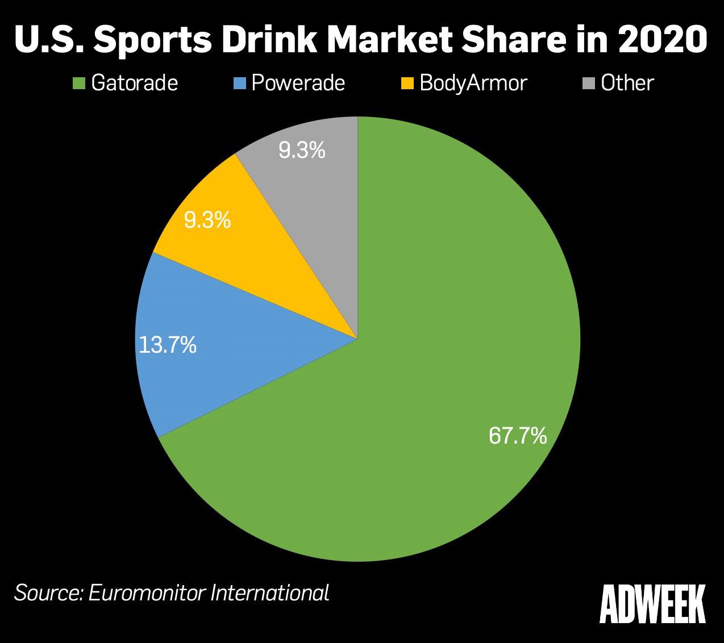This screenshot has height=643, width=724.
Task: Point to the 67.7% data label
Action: (x=518, y=436)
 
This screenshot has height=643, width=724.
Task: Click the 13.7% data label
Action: (x=168, y=345)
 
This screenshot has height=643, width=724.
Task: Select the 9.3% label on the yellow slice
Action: (x=207, y=220)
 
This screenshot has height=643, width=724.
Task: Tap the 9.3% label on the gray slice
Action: (x=302, y=151)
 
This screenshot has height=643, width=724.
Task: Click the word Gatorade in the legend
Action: (x=135, y=83)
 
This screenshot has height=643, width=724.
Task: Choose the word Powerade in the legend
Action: (x=298, y=83)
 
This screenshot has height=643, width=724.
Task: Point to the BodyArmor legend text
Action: (x=473, y=83)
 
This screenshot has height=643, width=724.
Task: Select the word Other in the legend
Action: (x=627, y=83)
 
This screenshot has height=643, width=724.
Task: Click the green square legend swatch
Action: (x=79, y=84)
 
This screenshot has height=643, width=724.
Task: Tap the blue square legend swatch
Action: (x=240, y=84)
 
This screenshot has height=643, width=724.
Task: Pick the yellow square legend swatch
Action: (x=407, y=84)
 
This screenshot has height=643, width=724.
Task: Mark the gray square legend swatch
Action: (x=588, y=84)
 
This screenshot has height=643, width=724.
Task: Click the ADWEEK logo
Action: (x=652, y=604)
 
